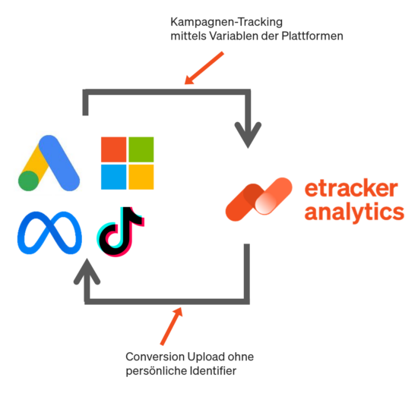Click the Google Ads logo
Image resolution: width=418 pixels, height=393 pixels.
point(49,163)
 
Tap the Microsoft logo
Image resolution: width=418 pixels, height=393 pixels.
point(128,163)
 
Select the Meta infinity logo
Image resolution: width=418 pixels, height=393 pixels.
point(49,233)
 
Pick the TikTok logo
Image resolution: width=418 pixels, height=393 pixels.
point(121,231)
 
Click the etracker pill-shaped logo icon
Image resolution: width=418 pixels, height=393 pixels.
point(258,199)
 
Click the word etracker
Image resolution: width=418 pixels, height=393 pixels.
point(351,189)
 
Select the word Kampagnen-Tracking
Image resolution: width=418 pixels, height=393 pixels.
point(226,22)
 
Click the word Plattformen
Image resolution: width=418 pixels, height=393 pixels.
point(312,36)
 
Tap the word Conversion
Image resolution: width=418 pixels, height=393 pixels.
point(155,357)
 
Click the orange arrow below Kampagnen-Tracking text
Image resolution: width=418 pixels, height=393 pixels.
point(204,68)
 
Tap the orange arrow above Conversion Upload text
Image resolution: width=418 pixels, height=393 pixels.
point(172,326)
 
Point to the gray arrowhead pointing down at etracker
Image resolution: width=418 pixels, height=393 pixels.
point(248,135)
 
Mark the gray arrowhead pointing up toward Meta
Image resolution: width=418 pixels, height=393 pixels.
point(87,271)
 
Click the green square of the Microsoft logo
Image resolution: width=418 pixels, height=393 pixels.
point(141,149)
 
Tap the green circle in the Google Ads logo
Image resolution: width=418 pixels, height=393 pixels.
point(29,181)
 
